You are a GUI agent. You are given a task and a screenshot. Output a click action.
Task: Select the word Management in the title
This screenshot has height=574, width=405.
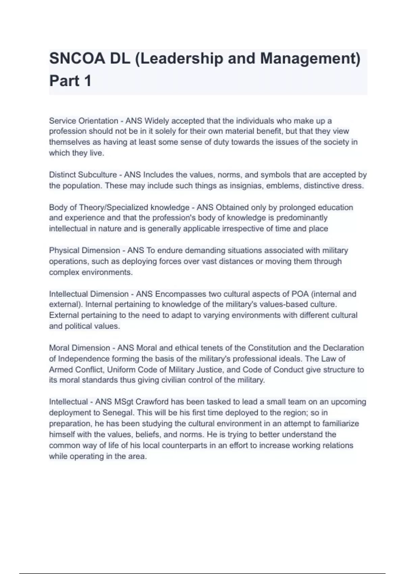click(309, 59)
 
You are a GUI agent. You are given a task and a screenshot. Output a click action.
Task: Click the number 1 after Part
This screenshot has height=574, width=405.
click(87, 81)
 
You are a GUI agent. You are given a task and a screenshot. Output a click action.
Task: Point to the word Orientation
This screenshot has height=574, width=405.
click(98, 121)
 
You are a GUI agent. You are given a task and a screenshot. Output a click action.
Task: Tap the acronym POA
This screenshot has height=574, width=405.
click(300, 294)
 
